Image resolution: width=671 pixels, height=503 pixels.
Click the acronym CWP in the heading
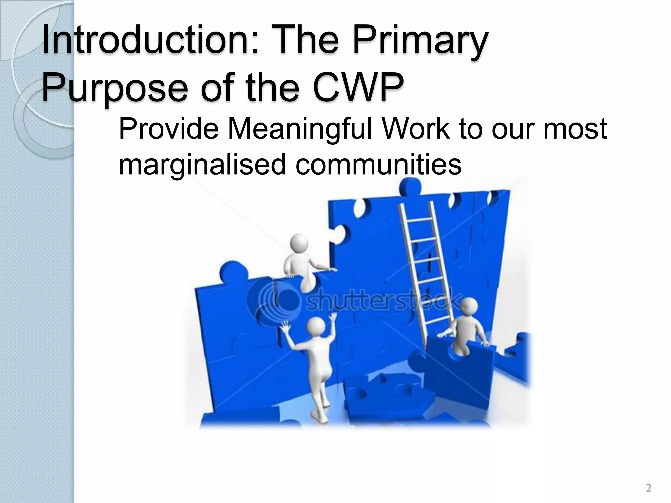[357, 87]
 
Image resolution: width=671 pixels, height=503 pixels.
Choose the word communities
[378, 165]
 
